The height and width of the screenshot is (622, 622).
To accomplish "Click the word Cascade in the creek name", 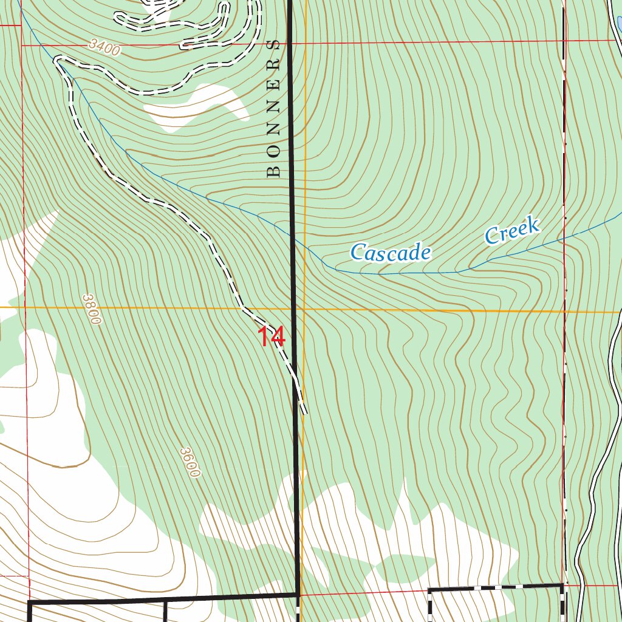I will (x=391, y=252).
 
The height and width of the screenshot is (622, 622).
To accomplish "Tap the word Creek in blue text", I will (x=512, y=231).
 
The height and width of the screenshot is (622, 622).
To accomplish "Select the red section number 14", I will (x=271, y=337).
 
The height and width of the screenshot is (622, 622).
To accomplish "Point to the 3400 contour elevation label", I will (x=104, y=47).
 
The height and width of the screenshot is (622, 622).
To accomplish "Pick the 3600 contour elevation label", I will (x=190, y=462).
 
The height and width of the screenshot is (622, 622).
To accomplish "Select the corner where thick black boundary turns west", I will (x=298, y=594).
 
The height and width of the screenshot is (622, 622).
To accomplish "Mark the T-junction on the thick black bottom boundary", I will (x=165, y=600).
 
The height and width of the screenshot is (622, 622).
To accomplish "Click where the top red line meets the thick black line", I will (x=290, y=43).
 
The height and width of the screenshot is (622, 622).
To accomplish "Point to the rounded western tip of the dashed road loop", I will (x=58, y=60).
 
